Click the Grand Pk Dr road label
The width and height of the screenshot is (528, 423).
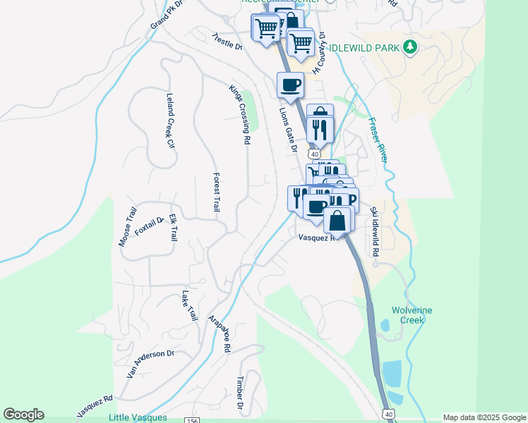coord(167,15)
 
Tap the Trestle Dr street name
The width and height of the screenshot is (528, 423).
coord(227,42)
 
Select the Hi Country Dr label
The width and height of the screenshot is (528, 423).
coord(320,52)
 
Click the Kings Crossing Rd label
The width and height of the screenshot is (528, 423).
coord(239,115)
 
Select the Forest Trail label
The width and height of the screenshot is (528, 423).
coord(217,192)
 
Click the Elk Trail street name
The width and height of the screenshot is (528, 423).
coord(173,229)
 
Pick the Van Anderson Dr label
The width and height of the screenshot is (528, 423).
coord(150,364)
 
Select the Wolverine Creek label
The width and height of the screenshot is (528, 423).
coord(412,315)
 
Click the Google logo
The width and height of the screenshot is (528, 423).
coord(23,415)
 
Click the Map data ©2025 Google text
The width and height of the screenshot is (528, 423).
coord(484,417)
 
